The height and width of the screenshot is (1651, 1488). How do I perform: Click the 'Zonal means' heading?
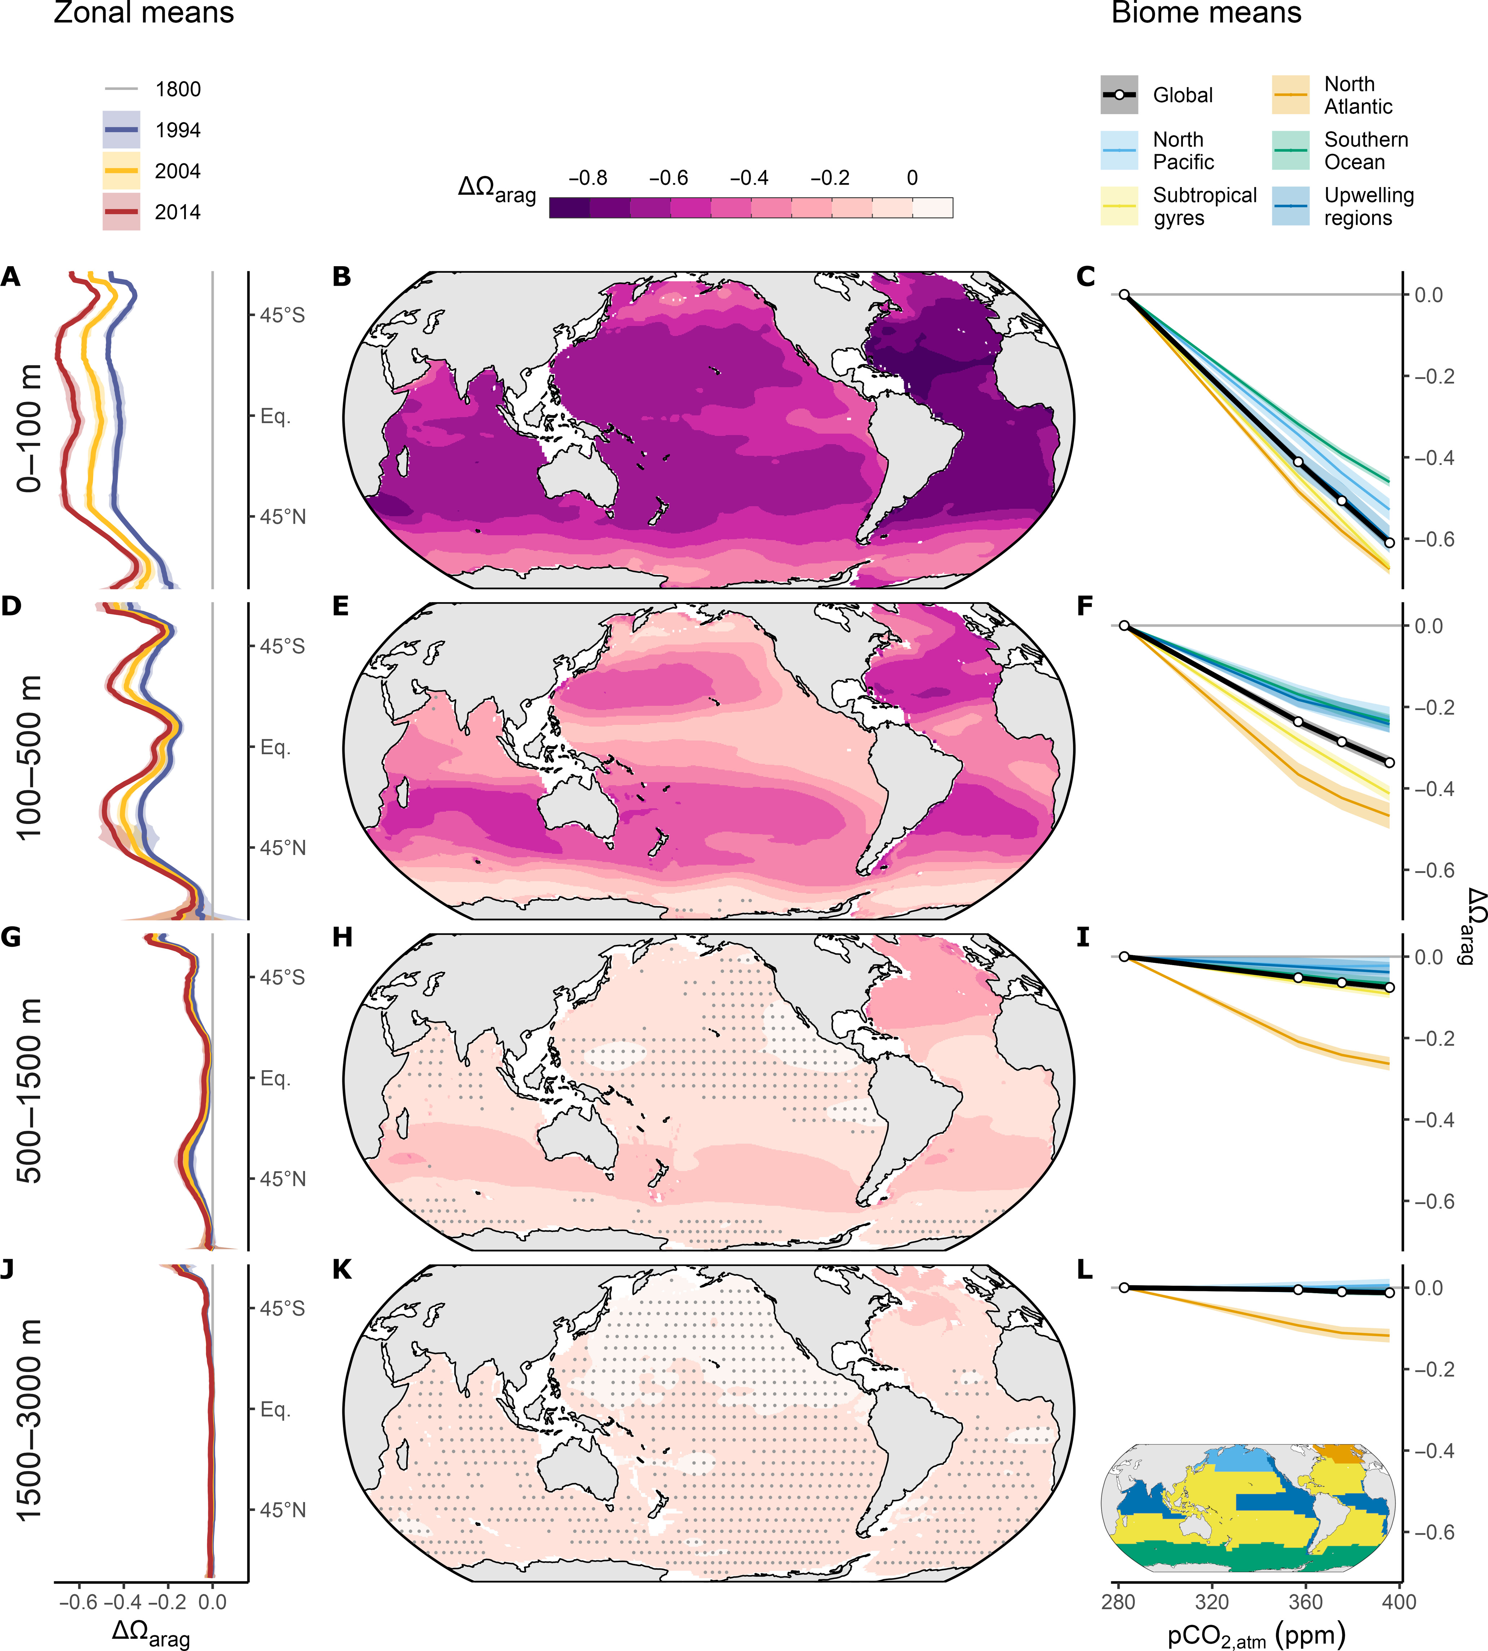[144, 13]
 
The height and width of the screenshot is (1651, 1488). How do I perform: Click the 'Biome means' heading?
[1206, 13]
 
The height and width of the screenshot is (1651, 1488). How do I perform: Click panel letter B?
[342, 277]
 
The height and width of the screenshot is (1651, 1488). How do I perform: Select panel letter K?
[342, 1269]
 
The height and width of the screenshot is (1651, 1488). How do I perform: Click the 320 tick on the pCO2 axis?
[1212, 1601]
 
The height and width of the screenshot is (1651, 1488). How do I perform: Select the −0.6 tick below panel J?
[78, 1601]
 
